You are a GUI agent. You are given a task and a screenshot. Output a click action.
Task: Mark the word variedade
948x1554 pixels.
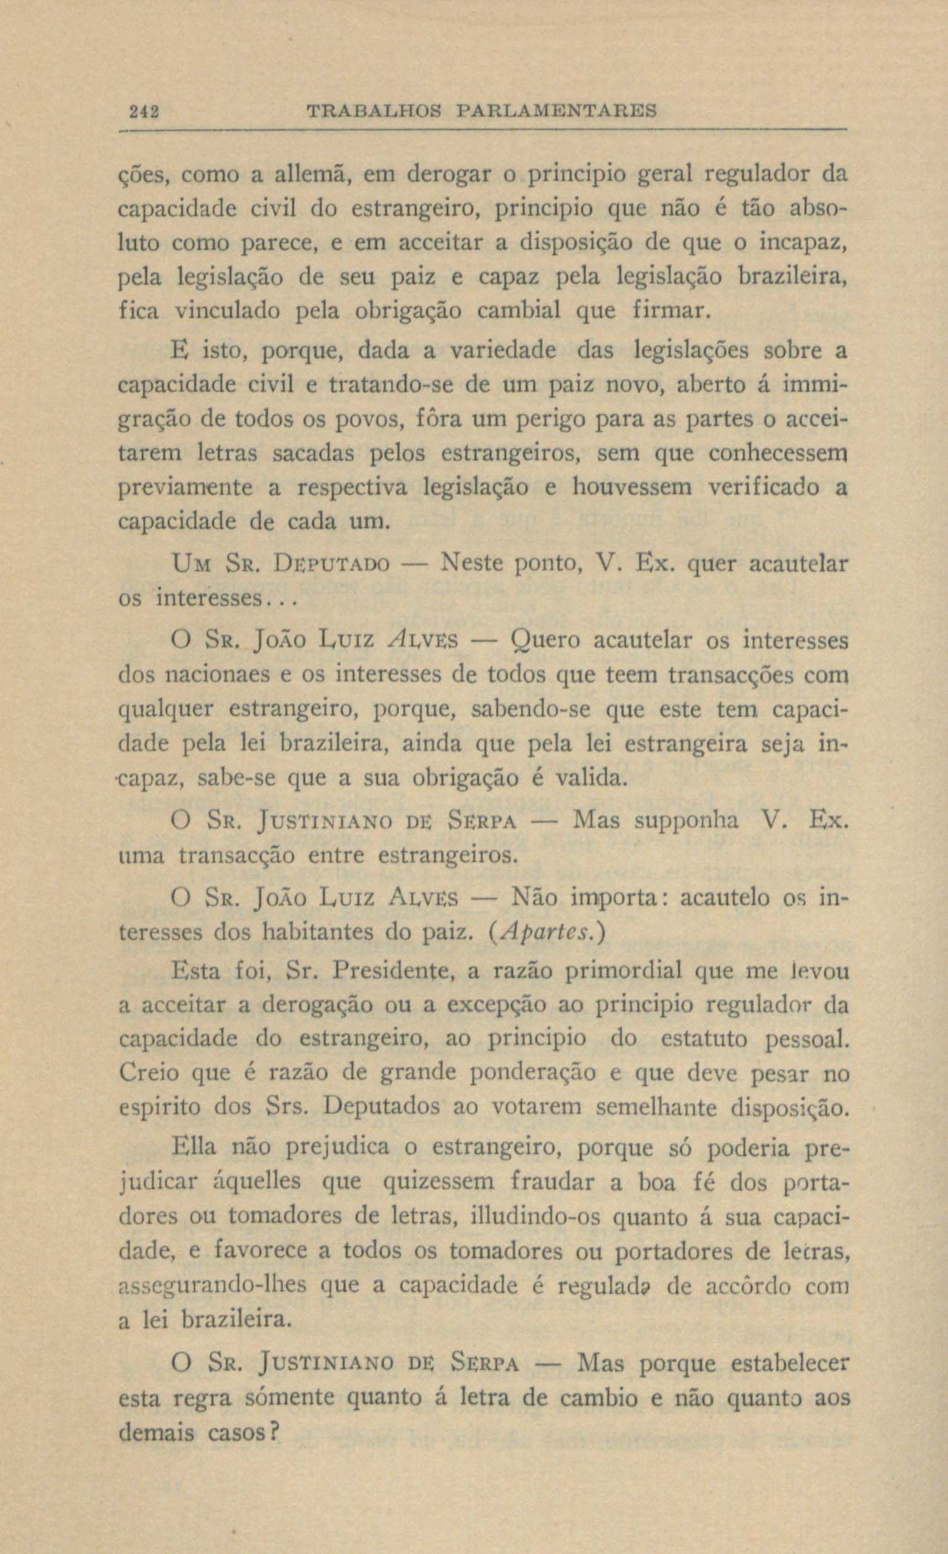point(502,351)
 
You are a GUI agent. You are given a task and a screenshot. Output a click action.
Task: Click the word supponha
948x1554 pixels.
point(685,820)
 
